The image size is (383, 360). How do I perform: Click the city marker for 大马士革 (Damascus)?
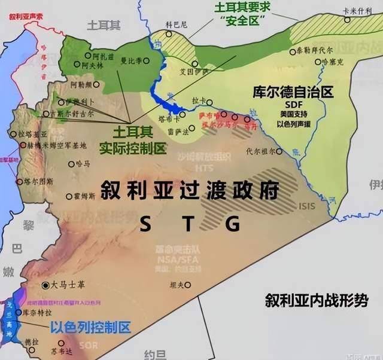tap(46, 285)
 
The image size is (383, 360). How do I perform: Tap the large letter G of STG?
tap(233, 223)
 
